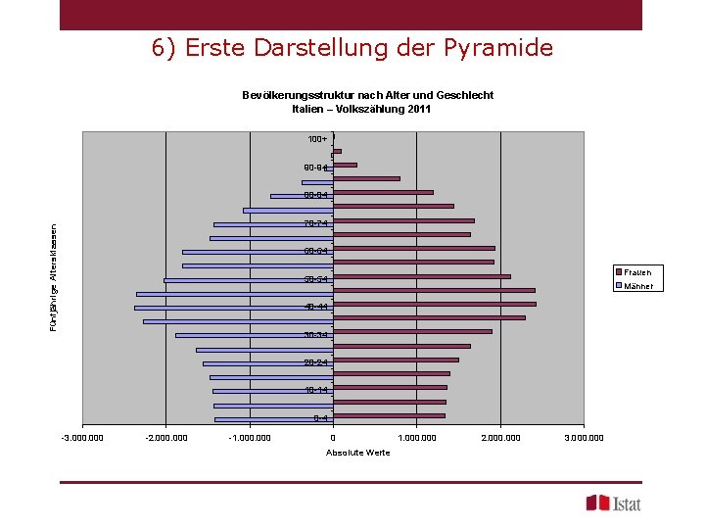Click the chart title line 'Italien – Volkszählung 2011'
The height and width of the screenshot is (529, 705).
367,109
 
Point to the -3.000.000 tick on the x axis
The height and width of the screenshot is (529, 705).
82,437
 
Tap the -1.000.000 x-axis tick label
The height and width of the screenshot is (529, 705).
249,437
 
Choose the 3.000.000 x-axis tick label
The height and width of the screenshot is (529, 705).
584,437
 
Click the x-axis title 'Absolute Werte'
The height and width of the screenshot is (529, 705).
357,452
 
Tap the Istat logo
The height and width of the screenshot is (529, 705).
614,503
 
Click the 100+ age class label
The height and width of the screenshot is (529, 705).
317,139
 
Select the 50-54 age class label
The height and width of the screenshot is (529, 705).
316,280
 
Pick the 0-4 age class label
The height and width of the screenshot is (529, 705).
320,419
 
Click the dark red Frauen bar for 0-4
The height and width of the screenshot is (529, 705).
389,415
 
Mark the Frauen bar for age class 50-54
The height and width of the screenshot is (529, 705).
421,276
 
